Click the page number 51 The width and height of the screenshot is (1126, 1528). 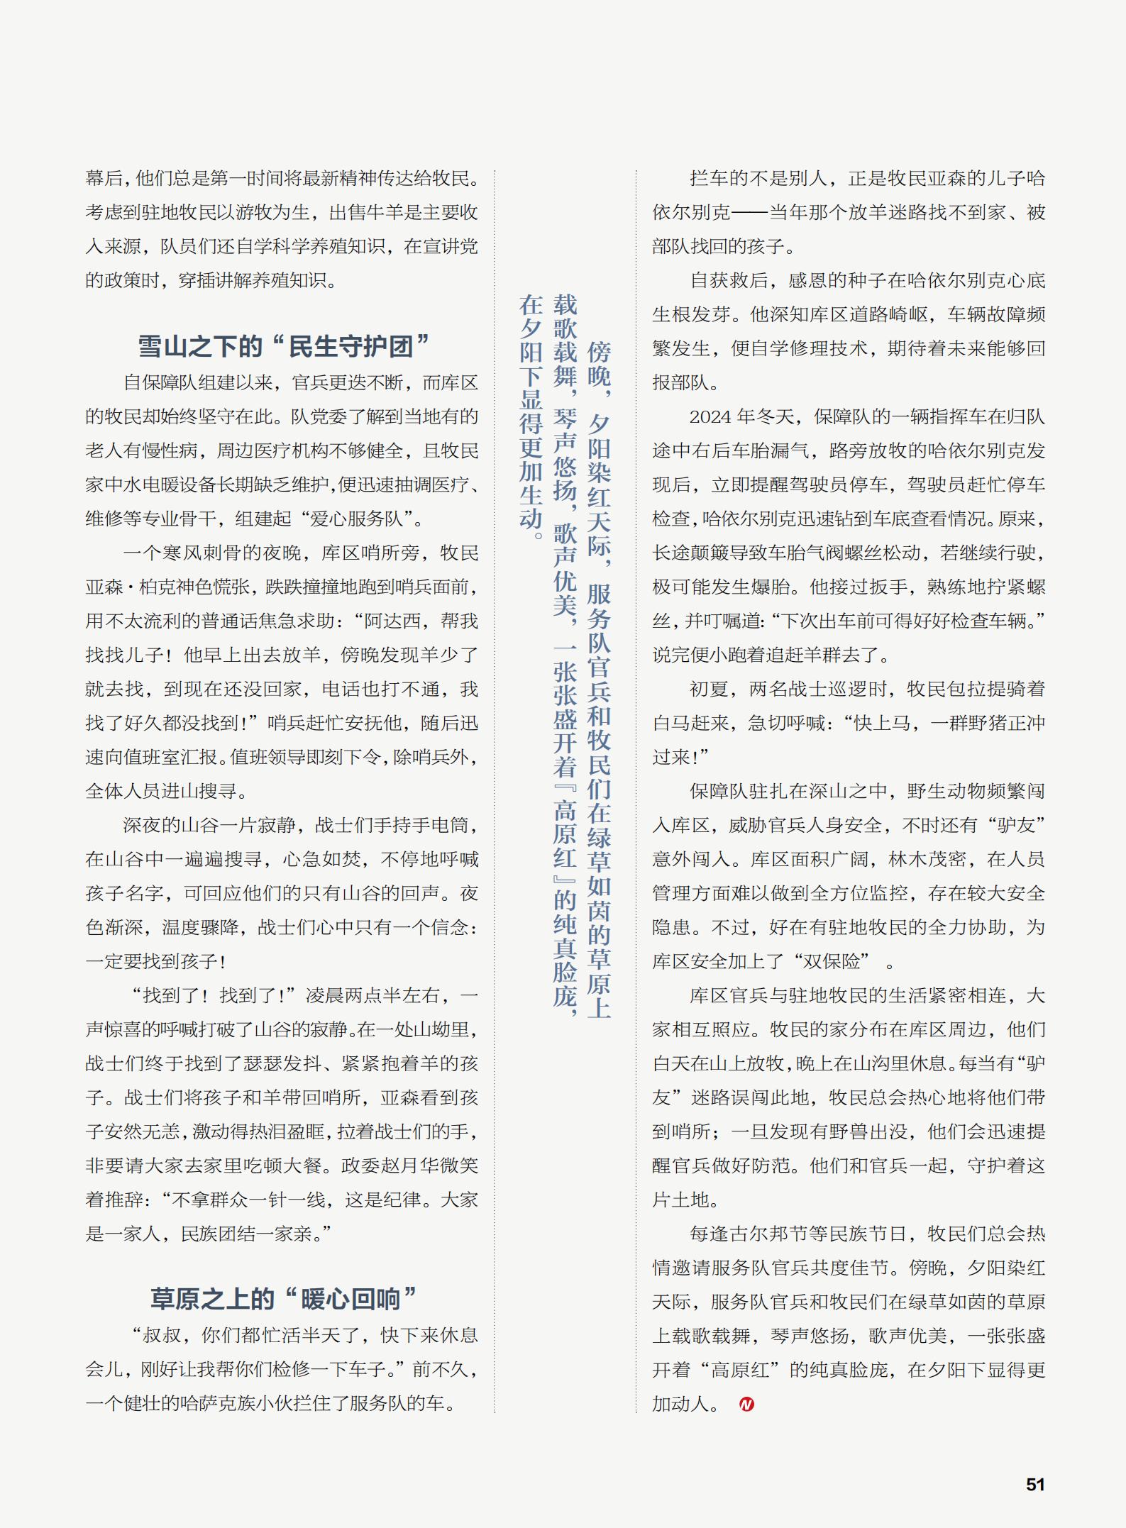(1035, 1484)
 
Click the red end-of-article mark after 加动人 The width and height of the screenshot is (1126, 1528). (746, 1404)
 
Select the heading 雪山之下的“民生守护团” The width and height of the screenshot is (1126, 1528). (283, 346)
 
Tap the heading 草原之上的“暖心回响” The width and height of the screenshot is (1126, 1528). (283, 1299)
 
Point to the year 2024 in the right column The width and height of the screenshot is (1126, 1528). (710, 416)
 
